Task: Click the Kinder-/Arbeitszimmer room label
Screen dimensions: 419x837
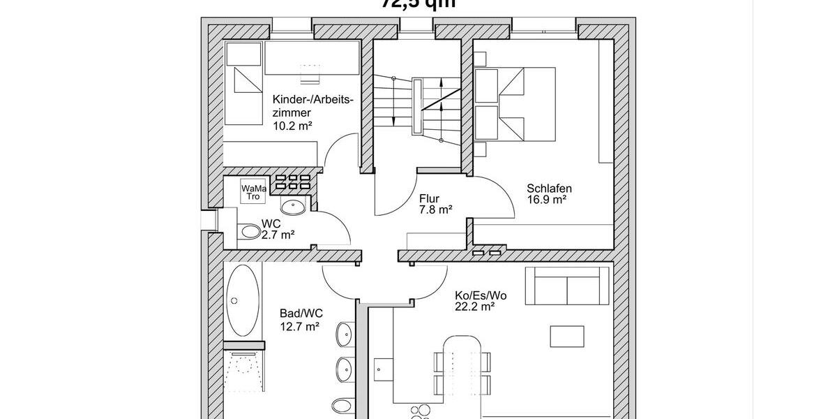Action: click(x=313, y=105)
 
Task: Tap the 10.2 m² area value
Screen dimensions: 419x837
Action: click(x=292, y=126)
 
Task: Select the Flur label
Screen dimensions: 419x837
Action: click(x=429, y=197)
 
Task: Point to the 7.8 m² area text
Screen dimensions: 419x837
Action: click(x=436, y=209)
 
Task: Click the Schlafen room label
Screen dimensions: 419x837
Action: click(x=550, y=188)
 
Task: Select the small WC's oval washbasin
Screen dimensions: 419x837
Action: click(x=294, y=207)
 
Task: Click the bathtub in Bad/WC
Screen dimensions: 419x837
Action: click(x=242, y=300)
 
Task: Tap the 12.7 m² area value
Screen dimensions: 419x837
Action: click(x=299, y=325)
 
